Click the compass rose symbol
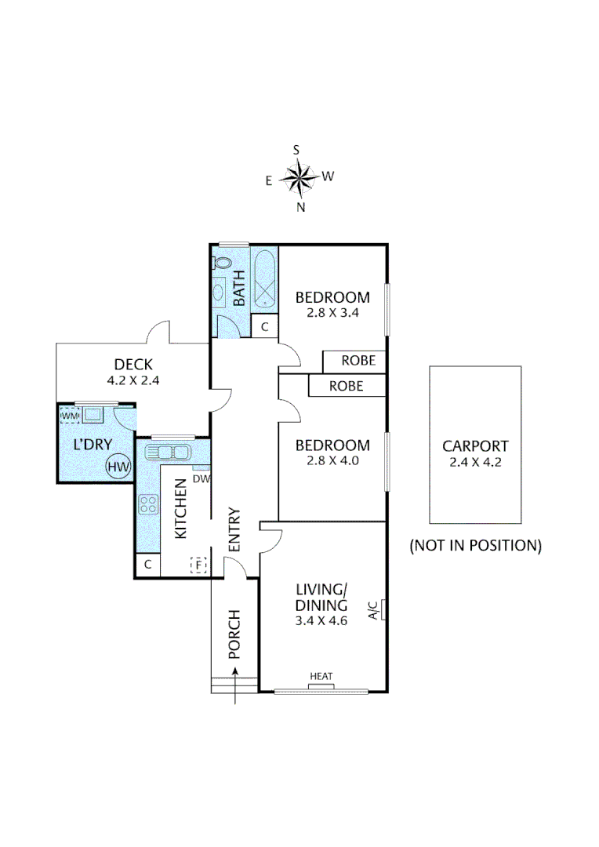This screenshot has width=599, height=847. (x=299, y=178)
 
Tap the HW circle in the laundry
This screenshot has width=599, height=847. (x=118, y=467)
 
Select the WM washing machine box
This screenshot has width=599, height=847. (x=70, y=414)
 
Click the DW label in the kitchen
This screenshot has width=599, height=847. (x=201, y=478)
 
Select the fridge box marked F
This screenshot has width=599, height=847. (x=198, y=564)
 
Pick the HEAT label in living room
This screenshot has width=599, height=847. (x=321, y=676)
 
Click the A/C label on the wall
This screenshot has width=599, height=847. (x=374, y=609)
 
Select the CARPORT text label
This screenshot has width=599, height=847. (x=475, y=445)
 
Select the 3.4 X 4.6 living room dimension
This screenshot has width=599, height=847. (x=321, y=620)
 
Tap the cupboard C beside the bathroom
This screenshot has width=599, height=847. (x=264, y=327)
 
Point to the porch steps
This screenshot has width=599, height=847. (x=234, y=685)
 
